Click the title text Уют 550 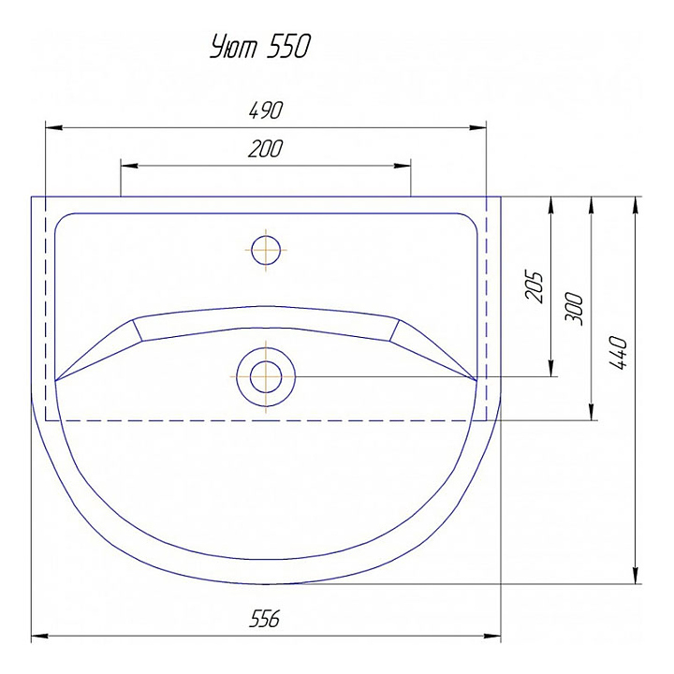260,47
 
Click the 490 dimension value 266,110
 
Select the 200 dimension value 266,148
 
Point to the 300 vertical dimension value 574,309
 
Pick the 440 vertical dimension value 619,353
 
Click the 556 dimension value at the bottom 265,619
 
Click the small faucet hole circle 266,250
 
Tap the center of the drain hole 266,377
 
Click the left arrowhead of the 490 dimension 54,127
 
